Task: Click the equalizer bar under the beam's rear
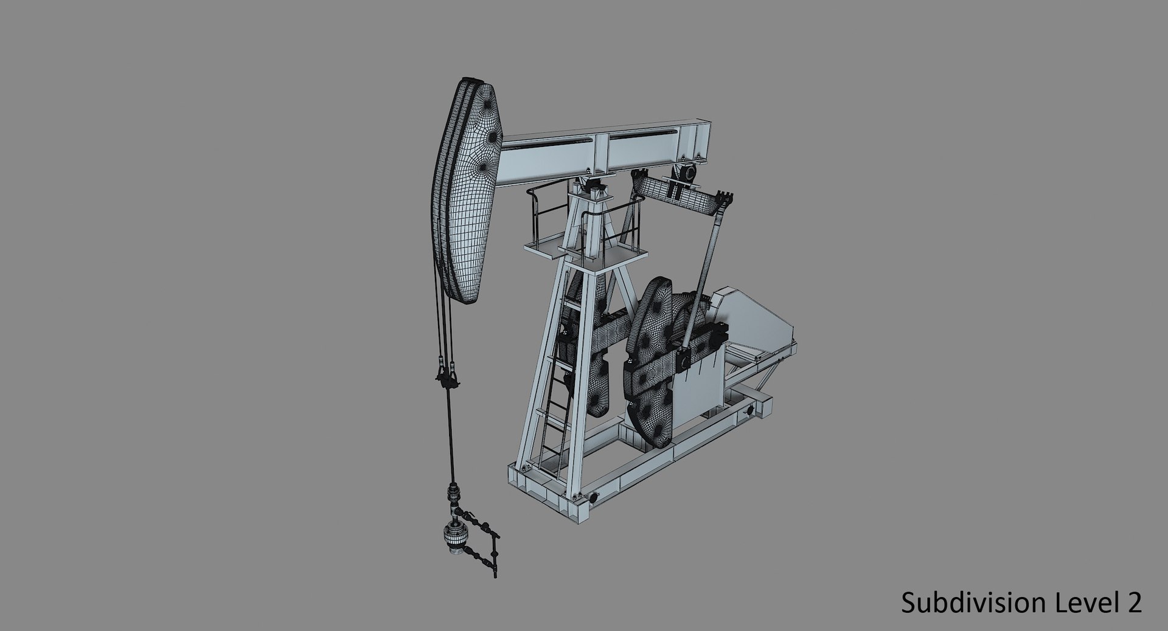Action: (x=675, y=195)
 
